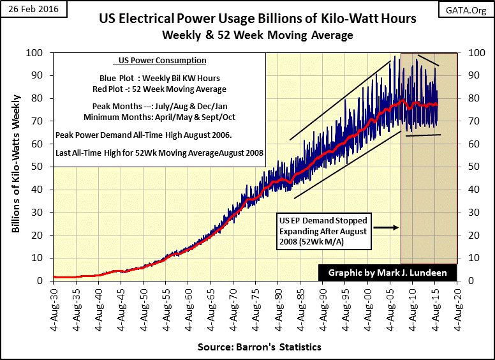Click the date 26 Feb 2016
click(x=29, y=8)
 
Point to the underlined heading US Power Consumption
click(x=159, y=61)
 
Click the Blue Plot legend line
click(x=159, y=78)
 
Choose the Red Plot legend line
click(x=159, y=89)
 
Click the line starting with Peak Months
click(x=159, y=107)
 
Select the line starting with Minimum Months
click(x=159, y=117)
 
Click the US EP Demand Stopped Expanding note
click(x=323, y=226)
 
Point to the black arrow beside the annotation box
click(x=385, y=227)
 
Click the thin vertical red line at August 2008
click(x=401, y=191)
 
